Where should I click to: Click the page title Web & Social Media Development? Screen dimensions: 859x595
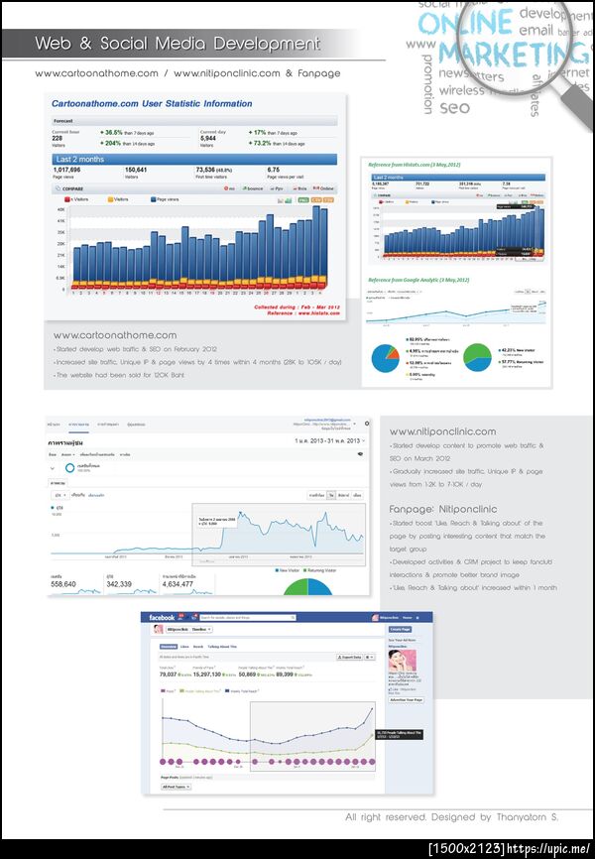point(178,44)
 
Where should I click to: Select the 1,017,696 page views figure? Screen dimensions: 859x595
point(67,170)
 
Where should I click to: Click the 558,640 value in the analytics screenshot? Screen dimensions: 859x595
point(63,584)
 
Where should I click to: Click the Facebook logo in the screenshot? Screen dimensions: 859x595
point(162,617)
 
